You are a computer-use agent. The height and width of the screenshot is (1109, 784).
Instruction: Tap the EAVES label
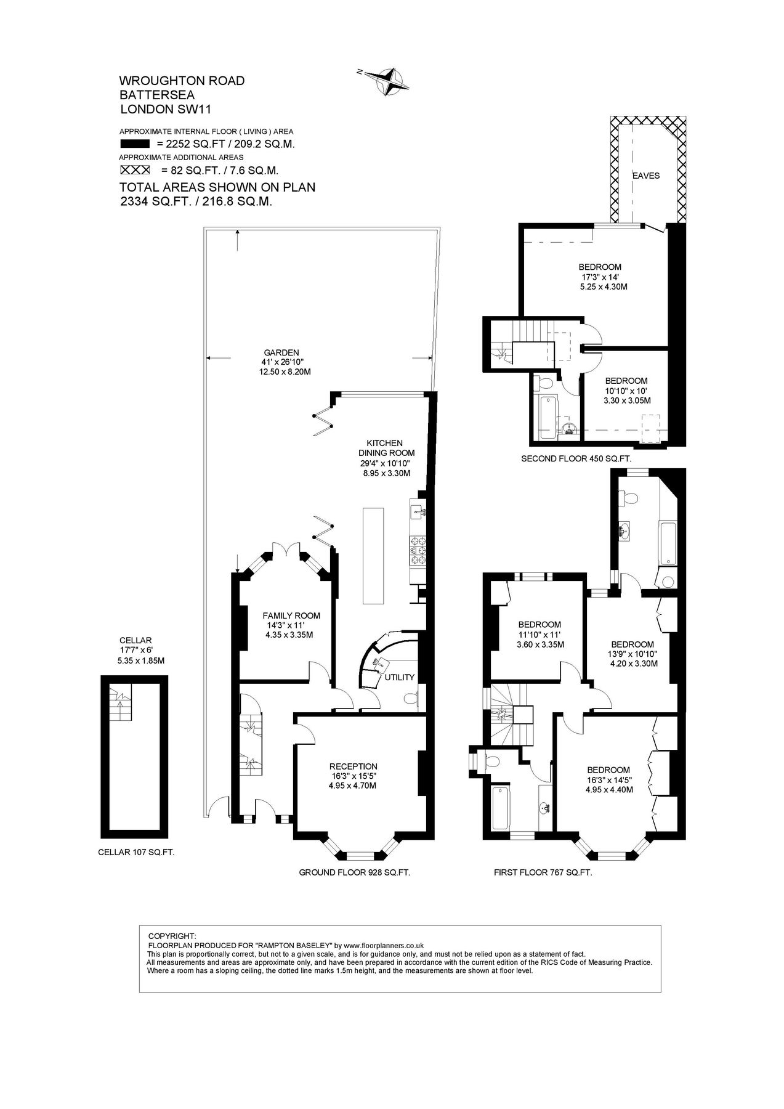[645, 176]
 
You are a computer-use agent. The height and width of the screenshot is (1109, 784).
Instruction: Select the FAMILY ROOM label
[291, 615]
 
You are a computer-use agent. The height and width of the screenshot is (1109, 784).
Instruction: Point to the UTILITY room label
[400, 677]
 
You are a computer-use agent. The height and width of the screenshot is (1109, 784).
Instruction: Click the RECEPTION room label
[353, 766]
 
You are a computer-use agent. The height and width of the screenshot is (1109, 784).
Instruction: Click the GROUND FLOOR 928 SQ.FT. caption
[354, 872]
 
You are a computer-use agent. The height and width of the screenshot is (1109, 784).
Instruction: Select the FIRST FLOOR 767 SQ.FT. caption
[543, 872]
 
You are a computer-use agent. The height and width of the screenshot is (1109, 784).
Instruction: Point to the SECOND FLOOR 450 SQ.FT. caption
[576, 458]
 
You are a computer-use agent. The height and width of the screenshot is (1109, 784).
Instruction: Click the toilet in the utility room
[412, 699]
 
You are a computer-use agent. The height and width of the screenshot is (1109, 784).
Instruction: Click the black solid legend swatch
[135, 144]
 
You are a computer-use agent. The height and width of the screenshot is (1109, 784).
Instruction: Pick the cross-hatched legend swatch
[135, 169]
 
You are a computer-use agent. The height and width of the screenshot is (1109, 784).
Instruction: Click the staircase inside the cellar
[120, 704]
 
